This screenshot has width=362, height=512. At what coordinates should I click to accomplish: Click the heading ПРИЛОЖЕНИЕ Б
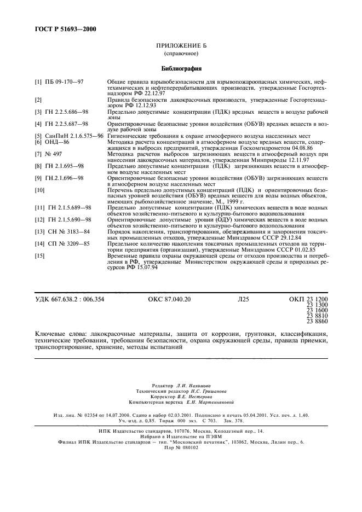[x=180, y=48]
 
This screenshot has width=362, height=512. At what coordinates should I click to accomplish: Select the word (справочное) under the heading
[x=180, y=55]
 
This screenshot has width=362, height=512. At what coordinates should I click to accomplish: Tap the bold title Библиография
[x=180, y=69]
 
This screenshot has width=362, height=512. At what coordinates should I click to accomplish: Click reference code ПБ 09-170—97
[x=66, y=82]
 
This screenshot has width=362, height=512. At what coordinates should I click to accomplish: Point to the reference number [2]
[x=38, y=101]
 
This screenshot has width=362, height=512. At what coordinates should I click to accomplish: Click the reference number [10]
[x=39, y=190]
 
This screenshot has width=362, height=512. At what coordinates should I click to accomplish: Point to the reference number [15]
[x=39, y=255]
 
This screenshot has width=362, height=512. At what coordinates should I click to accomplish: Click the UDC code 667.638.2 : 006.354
[x=69, y=299]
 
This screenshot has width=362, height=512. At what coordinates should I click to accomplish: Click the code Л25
[x=243, y=299]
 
